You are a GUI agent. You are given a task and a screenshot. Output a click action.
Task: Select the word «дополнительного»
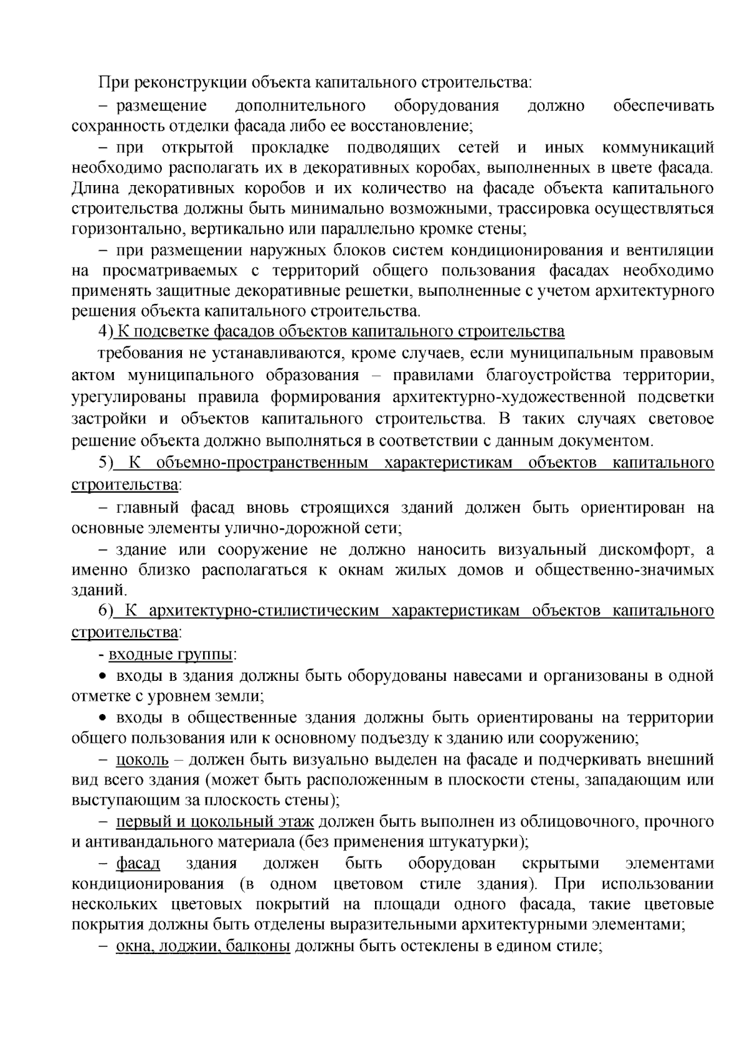click(300, 104)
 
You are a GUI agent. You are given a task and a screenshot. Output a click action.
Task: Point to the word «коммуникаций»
click(657, 148)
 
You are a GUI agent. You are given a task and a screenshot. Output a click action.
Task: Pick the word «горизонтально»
click(126, 229)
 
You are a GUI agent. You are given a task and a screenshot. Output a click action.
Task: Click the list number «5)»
click(105, 463)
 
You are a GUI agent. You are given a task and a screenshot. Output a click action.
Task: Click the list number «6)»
click(105, 610)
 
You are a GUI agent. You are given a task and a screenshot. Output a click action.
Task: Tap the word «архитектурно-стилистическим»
click(264, 610)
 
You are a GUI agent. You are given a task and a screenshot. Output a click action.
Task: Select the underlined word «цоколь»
click(142, 760)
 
